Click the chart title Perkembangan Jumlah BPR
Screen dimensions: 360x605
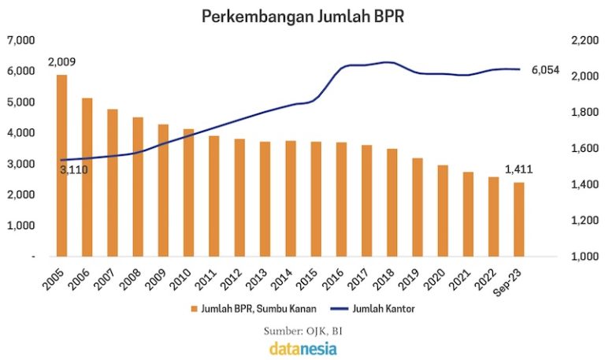(x=302, y=16)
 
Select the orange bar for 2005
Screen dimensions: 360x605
(x=61, y=165)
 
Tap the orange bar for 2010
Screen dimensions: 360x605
(x=189, y=193)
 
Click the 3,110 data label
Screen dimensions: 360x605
(x=73, y=169)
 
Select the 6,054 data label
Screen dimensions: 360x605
(x=545, y=70)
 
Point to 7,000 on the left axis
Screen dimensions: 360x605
(x=21, y=39)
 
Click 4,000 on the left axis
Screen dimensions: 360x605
(x=21, y=132)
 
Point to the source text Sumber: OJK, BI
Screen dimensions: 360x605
(x=302, y=329)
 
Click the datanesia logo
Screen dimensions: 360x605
(x=302, y=347)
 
